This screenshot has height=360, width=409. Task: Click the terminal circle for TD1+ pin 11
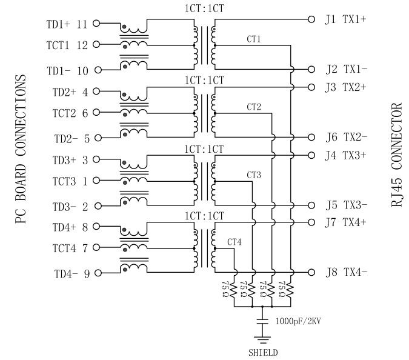[96, 24]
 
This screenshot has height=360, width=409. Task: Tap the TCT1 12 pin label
[67, 45]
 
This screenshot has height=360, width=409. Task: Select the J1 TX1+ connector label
[345, 19]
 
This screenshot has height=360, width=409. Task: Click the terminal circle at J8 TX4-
[312, 272]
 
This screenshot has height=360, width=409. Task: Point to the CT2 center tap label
[254, 107]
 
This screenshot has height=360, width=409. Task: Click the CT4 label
[234, 242]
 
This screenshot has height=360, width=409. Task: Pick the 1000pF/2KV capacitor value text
[298, 320]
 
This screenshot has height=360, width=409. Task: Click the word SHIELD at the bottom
[263, 352]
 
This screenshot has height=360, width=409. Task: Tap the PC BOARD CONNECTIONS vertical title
[21, 148]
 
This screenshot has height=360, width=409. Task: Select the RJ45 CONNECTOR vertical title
[397, 156]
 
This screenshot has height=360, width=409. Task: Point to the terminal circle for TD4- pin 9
[96, 273]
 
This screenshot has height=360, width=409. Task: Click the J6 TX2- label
[345, 136]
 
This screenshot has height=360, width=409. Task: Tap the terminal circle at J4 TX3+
[312, 155]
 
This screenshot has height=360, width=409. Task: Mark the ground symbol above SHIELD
[263, 338]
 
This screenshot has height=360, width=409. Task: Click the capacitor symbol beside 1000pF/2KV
[263, 319]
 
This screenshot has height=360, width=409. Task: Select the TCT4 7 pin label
[67, 248]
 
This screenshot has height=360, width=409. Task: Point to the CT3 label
[254, 175]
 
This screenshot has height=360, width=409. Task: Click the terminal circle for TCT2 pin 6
[96, 112]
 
